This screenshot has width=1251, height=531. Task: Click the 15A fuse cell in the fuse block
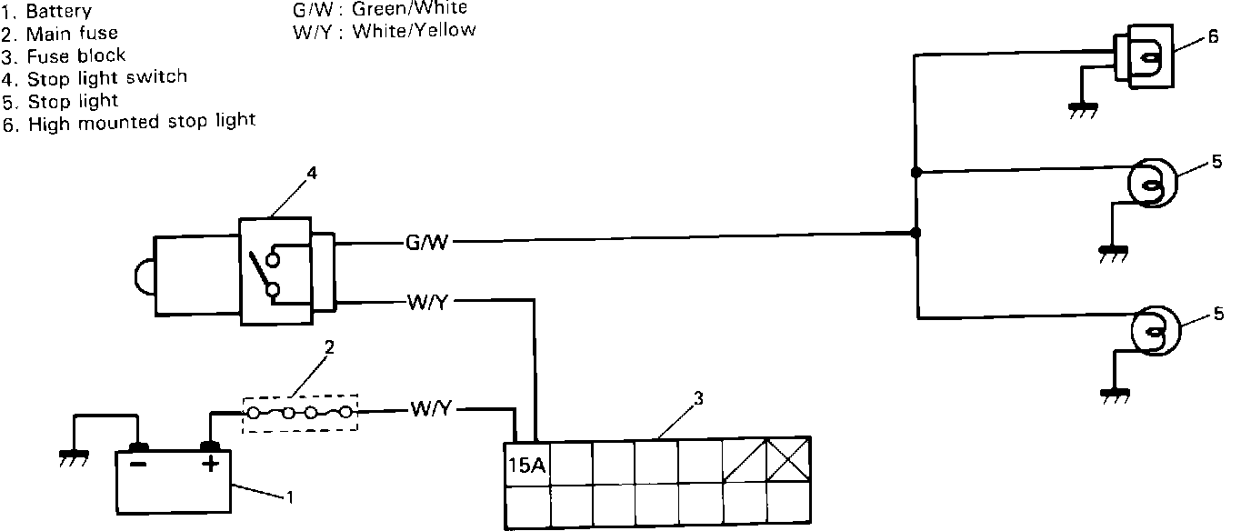[x=526, y=465]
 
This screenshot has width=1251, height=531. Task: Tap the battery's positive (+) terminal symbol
[x=211, y=465]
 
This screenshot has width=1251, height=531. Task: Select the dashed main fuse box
[x=300, y=412]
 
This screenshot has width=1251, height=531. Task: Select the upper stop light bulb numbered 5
[x=1152, y=185]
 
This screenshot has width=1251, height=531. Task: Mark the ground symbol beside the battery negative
[x=74, y=456]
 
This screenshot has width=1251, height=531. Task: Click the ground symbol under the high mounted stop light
[x=1081, y=111]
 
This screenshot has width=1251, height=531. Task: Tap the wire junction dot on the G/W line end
[x=916, y=233]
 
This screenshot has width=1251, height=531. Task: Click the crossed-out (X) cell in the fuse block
[x=787, y=461]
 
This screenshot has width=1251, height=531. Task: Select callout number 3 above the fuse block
[x=697, y=398]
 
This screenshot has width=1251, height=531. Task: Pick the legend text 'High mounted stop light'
[x=142, y=122]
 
